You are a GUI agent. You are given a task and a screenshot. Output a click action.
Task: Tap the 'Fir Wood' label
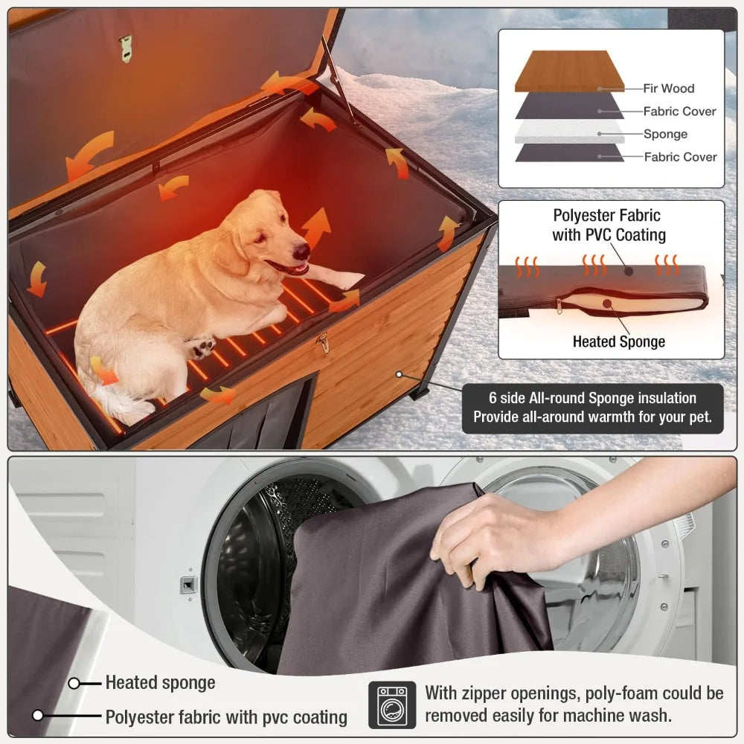668,89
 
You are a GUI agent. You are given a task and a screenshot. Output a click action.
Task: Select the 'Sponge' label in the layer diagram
665,135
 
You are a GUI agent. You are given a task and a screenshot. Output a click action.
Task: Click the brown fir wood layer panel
569,70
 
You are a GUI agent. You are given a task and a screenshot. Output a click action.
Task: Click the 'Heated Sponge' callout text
618,342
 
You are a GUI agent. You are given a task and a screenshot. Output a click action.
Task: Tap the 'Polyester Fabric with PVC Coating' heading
607,225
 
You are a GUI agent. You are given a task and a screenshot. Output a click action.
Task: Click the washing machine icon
391,705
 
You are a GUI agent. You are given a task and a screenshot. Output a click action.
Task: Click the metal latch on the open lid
125,48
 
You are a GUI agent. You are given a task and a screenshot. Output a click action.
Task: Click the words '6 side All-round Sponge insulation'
592,399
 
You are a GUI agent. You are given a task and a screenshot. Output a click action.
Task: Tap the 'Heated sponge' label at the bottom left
160,682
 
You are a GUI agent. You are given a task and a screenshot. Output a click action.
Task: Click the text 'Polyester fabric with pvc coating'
226,717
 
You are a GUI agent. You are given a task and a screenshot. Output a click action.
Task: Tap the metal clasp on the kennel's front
323,342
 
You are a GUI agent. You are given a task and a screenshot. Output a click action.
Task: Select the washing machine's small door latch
188,585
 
